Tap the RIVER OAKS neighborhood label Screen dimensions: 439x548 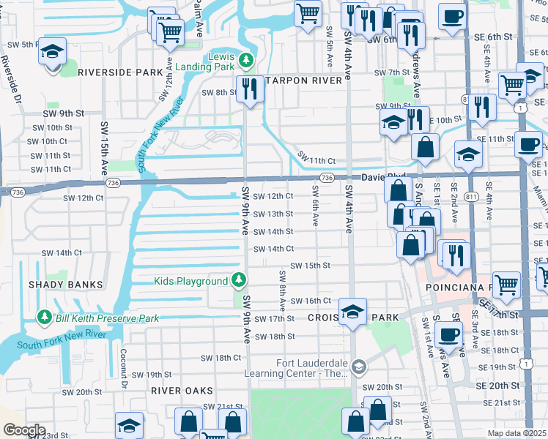[182, 391]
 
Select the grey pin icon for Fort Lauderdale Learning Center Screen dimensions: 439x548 [358, 367]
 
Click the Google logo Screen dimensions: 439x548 [24, 430]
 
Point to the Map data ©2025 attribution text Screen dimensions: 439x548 [516, 433]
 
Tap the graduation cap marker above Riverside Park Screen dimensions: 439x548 [53, 52]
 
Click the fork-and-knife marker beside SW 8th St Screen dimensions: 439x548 [251, 89]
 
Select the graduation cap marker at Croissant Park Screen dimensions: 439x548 [352, 312]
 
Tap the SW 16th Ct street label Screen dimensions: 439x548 [311, 301]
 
